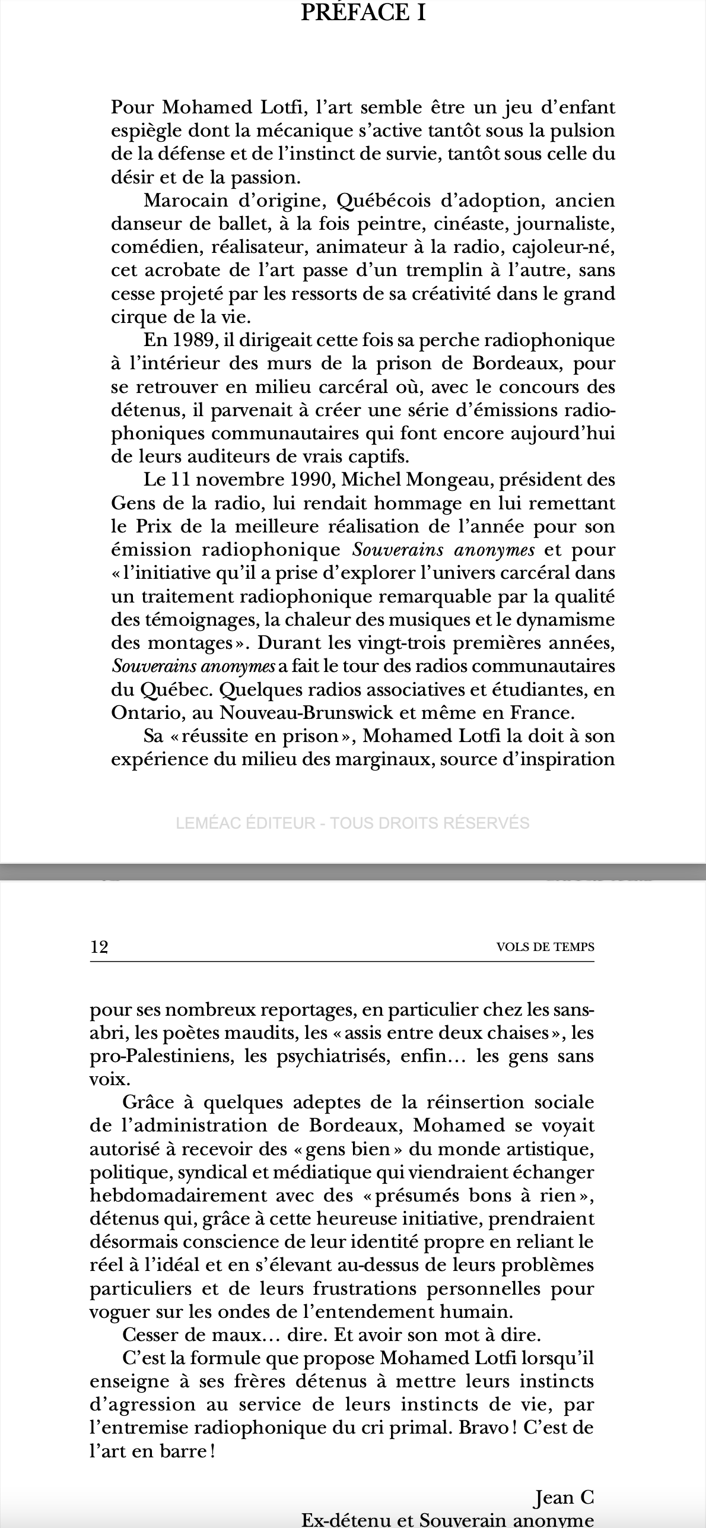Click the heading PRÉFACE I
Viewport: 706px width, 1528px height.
[363, 12]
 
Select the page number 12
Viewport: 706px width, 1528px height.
[99, 947]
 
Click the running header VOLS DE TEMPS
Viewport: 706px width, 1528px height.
[545, 947]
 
